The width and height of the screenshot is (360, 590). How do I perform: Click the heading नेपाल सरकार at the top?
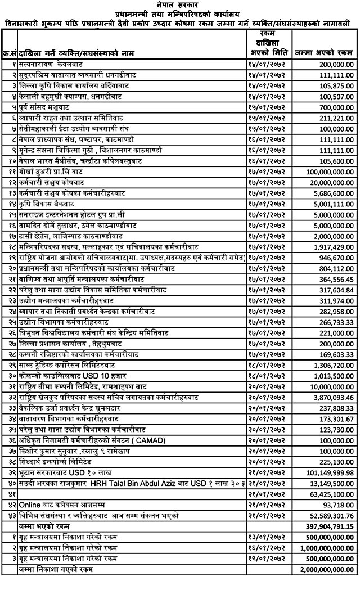(x=180, y=4)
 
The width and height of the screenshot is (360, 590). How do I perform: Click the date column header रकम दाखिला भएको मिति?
(x=268, y=43)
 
